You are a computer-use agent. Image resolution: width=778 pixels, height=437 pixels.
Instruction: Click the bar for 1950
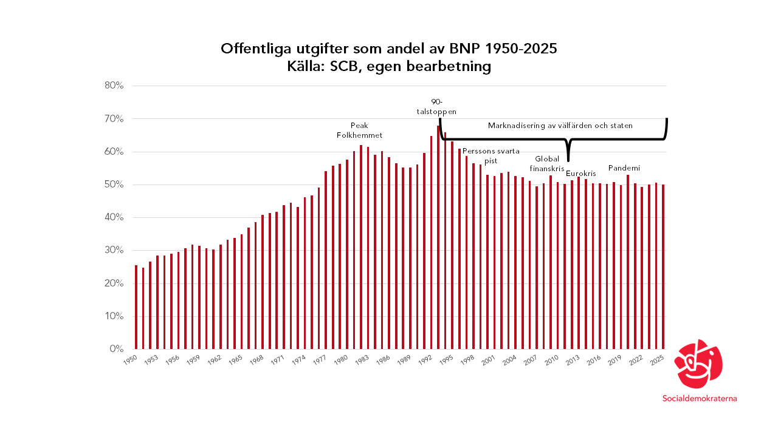point(136,307)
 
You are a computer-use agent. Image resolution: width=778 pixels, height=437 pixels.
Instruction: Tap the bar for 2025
point(663,267)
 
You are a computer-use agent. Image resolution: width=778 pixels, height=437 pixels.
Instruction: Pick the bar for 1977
point(326,260)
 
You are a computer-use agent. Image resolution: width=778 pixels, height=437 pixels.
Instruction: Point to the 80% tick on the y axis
point(114,86)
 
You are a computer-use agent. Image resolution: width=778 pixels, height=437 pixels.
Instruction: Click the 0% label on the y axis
point(117,349)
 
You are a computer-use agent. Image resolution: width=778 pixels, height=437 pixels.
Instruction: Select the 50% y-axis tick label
point(114,185)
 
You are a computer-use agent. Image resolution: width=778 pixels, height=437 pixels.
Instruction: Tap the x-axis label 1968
point(257,359)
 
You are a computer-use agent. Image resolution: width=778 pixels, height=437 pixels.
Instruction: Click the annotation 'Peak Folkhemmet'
point(359,130)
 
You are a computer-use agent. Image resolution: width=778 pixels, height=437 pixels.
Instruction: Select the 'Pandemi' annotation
point(624,168)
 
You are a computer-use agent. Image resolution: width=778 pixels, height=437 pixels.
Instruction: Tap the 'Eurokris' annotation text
point(580,174)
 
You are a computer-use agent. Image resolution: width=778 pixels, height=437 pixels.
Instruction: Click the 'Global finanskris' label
point(547,164)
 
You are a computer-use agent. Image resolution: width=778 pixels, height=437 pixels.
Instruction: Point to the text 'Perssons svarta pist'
point(491,156)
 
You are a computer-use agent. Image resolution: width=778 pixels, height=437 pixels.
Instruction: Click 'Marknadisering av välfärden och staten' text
point(560,126)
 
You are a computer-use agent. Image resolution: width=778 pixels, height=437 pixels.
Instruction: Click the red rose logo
point(700,364)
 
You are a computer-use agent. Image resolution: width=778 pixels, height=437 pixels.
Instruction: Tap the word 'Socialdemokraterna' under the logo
point(700,399)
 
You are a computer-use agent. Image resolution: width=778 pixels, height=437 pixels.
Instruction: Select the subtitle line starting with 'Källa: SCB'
point(389,67)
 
